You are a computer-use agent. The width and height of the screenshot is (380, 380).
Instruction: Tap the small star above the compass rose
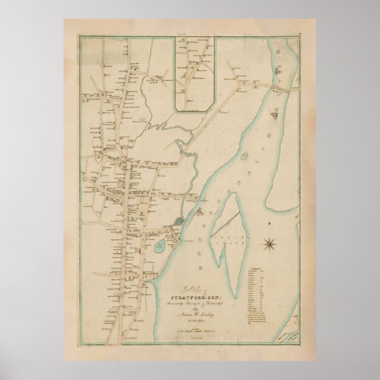[x=268, y=224]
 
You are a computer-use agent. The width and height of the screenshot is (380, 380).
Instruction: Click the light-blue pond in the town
[x=159, y=247]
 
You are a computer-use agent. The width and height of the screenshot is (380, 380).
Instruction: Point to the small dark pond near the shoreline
[x=179, y=221]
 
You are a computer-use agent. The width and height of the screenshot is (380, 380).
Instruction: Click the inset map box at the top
[x=194, y=74]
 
